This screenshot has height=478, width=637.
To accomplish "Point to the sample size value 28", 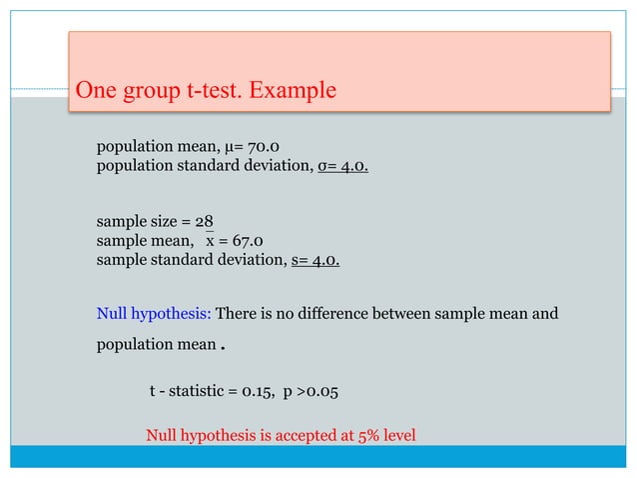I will [204, 222].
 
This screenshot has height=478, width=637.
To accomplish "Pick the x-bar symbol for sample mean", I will [211, 241].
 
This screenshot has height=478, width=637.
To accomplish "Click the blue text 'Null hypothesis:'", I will [153, 315].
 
